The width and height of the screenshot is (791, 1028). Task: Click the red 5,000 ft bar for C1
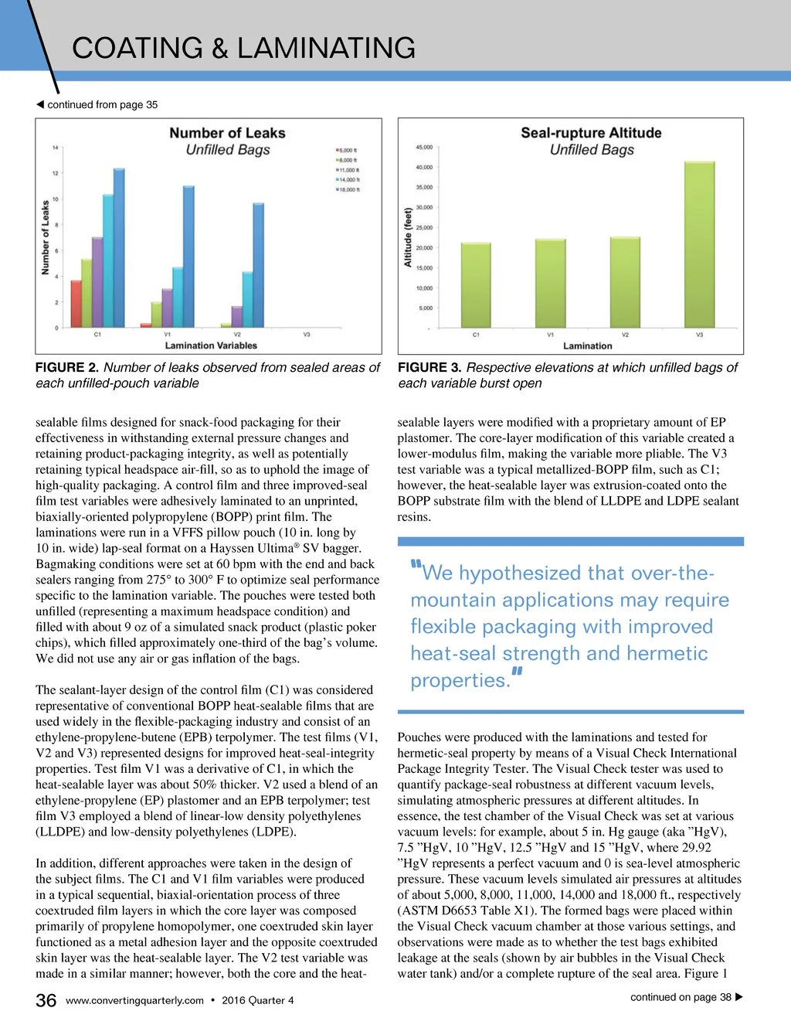tap(76, 304)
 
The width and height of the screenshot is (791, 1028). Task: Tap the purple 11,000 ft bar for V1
tap(167, 308)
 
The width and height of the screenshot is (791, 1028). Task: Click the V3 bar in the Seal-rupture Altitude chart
tap(699, 245)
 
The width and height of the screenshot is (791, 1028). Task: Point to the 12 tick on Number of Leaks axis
tap(56, 173)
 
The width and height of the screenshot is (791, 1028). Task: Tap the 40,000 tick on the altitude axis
tap(424, 167)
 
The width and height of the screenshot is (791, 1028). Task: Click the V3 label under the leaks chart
tap(307, 335)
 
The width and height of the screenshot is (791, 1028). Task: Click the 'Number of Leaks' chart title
tap(227, 133)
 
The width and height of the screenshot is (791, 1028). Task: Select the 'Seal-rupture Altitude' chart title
tap(591, 133)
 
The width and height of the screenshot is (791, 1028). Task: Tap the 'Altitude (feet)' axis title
tap(408, 237)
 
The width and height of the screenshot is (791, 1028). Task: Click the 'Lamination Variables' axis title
tap(211, 346)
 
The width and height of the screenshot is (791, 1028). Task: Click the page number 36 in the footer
tap(46, 1000)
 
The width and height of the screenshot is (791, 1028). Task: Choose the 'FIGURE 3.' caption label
tap(429, 368)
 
